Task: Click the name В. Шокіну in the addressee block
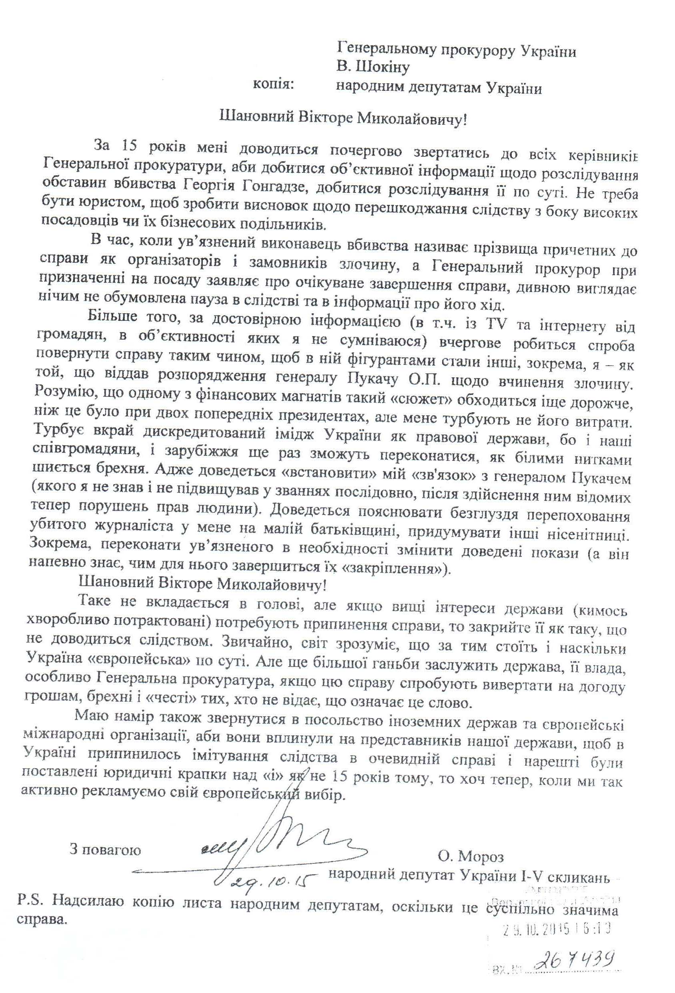point(372,67)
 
